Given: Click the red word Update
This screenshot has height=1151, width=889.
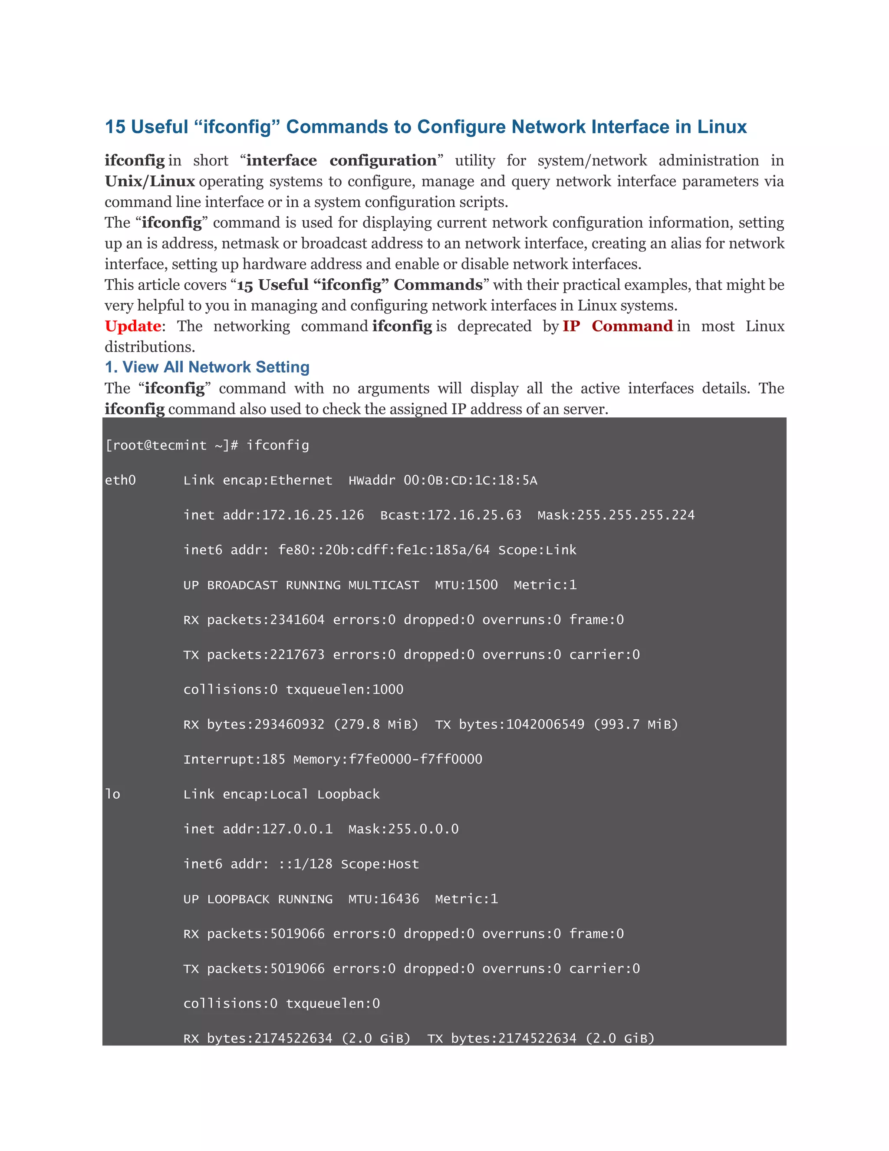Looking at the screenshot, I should [x=133, y=326].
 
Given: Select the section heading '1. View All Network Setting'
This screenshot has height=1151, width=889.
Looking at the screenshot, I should [x=207, y=367].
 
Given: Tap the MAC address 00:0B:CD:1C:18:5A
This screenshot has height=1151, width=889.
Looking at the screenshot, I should [x=470, y=481].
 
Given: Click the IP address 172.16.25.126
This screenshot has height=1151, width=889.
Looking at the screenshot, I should [x=313, y=516].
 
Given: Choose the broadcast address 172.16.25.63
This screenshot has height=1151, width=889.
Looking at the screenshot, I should [x=474, y=516].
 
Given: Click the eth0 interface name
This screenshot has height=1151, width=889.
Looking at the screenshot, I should [x=120, y=481].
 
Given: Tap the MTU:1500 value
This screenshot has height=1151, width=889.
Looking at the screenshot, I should [x=466, y=585].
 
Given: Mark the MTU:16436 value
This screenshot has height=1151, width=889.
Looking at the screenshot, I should [x=383, y=899].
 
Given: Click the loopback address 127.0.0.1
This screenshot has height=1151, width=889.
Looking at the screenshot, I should [x=297, y=830].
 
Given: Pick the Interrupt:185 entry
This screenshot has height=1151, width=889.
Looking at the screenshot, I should [x=234, y=759].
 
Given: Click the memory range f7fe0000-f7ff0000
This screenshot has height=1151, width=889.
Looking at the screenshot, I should [x=415, y=759].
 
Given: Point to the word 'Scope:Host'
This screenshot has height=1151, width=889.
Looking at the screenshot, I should [x=380, y=864].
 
